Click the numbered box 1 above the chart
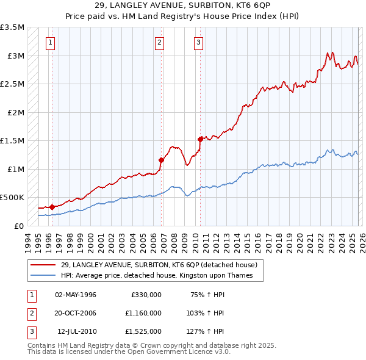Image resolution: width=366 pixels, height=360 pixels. [49, 42]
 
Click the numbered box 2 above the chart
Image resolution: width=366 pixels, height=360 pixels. [159, 42]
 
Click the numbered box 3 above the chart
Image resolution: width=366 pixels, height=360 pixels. [199, 42]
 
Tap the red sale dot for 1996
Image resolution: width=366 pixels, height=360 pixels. [52, 207]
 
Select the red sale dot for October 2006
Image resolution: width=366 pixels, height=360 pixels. [162, 160]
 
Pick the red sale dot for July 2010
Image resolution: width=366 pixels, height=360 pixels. [201, 139]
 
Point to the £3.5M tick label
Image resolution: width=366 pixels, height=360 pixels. [12, 27]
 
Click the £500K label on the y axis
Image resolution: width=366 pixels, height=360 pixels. [12, 198]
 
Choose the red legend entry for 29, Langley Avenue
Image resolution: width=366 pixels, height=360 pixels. [159, 265]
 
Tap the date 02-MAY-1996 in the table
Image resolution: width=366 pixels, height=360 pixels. [76, 295]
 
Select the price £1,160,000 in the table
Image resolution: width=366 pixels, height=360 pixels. [143, 313]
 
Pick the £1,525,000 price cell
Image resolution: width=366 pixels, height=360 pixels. [143, 331]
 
